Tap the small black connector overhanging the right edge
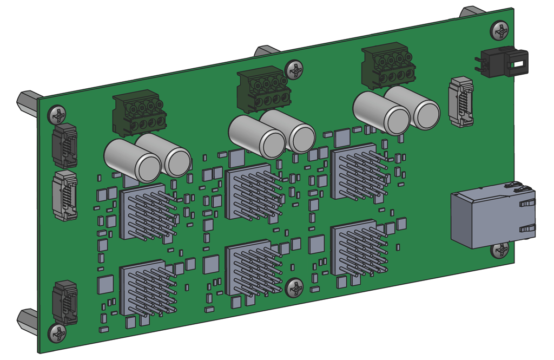point(500,62)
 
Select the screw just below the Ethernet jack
point(500,250)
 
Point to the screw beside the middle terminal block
point(295,69)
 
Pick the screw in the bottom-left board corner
point(57,333)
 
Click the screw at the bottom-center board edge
point(295,288)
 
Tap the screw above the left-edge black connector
point(57,115)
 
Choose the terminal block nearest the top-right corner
point(388,66)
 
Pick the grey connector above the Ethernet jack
point(460,101)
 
